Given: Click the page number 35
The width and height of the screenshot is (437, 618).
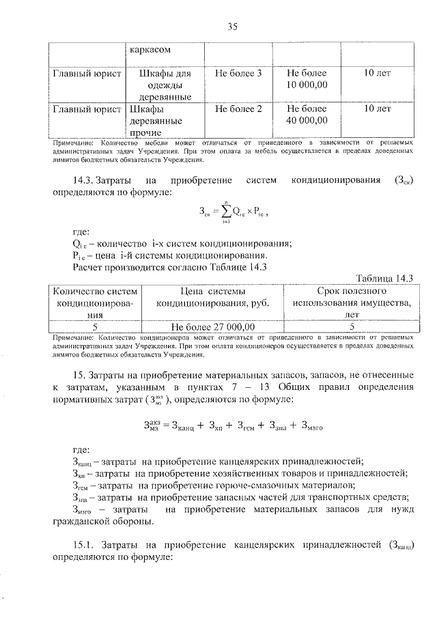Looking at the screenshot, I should coord(231,27).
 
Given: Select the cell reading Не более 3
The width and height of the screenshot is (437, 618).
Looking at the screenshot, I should coord(238,72).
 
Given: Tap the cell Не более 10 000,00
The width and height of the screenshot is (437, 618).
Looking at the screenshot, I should coord(307,79).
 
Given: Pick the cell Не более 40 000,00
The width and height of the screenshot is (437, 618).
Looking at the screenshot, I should coord(307,115).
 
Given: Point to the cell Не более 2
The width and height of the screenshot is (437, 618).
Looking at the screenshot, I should coord(238,109).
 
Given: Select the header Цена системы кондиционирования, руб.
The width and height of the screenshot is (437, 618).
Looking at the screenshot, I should coord(212,297).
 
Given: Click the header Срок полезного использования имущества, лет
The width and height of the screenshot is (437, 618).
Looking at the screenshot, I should coord(352,303).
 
